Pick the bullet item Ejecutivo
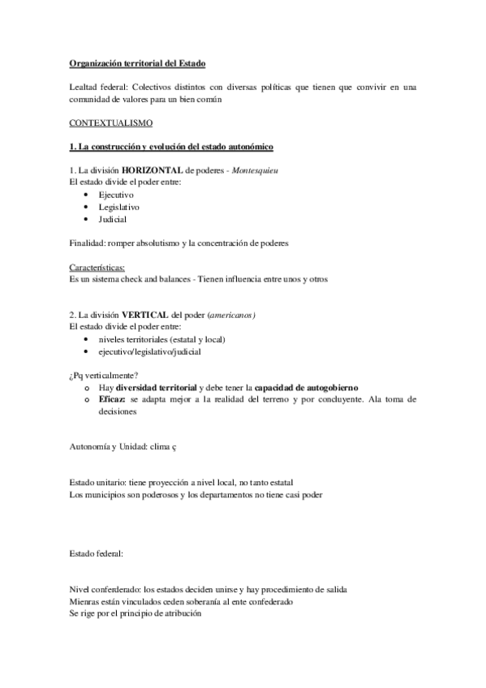[116, 196]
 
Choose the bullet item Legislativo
[118, 208]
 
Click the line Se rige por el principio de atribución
[135, 614]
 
